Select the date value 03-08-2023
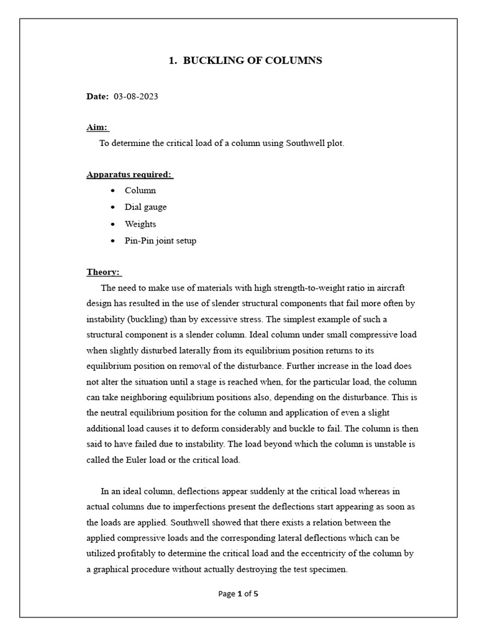coord(136,97)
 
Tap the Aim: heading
coord(98,127)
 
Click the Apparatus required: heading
coord(129,175)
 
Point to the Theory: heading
coord(104,272)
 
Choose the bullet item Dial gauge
coord(145,207)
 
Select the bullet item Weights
coord(140,224)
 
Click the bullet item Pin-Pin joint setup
coord(160,240)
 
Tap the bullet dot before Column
coord(112,191)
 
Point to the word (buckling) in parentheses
coord(140,319)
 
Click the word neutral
coord(115,413)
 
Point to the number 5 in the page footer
coord(256,593)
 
